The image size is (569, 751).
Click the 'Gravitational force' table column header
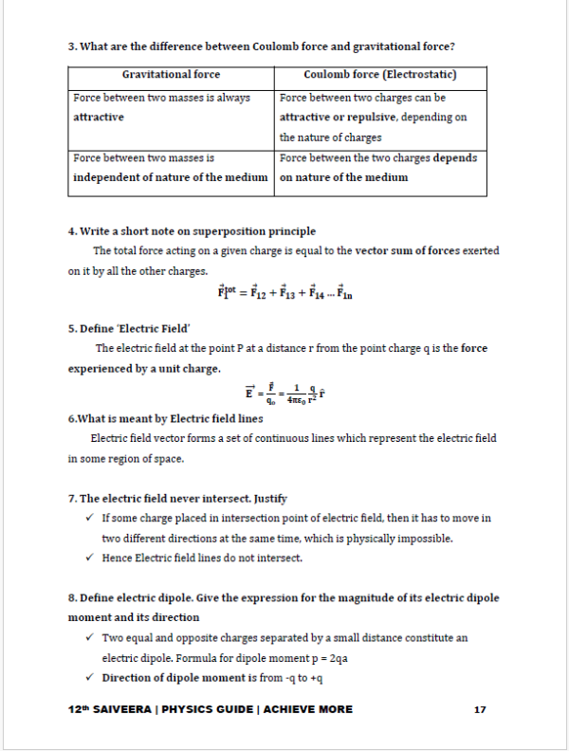pos(171,75)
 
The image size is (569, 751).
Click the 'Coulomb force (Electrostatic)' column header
pos(380,75)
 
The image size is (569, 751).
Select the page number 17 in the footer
pos(480,709)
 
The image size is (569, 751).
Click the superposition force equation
pos(284,294)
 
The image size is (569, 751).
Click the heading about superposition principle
pos(192,231)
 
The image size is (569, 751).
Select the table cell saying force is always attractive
pos(171,107)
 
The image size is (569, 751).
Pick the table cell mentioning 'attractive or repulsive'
pos(380,117)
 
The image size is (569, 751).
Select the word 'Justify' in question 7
pos(270,498)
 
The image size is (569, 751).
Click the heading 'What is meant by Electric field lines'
pos(165,418)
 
